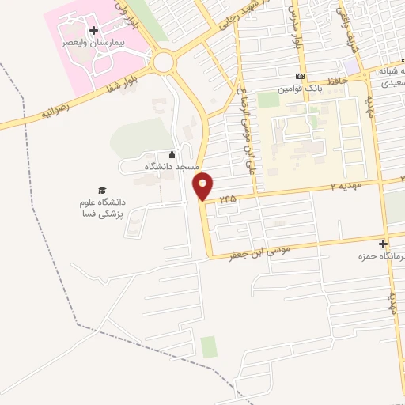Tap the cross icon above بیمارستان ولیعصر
click(x=93, y=30)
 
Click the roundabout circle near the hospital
click(x=165, y=62)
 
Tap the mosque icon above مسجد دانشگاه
click(x=172, y=155)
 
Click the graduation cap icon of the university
click(x=101, y=190)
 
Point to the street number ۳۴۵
click(x=229, y=198)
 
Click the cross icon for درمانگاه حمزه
click(x=384, y=244)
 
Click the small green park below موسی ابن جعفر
click(x=208, y=346)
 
